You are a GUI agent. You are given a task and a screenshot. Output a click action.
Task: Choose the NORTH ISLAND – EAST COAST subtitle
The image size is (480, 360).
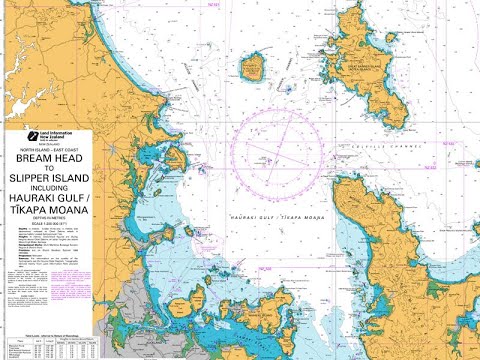[47, 150]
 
